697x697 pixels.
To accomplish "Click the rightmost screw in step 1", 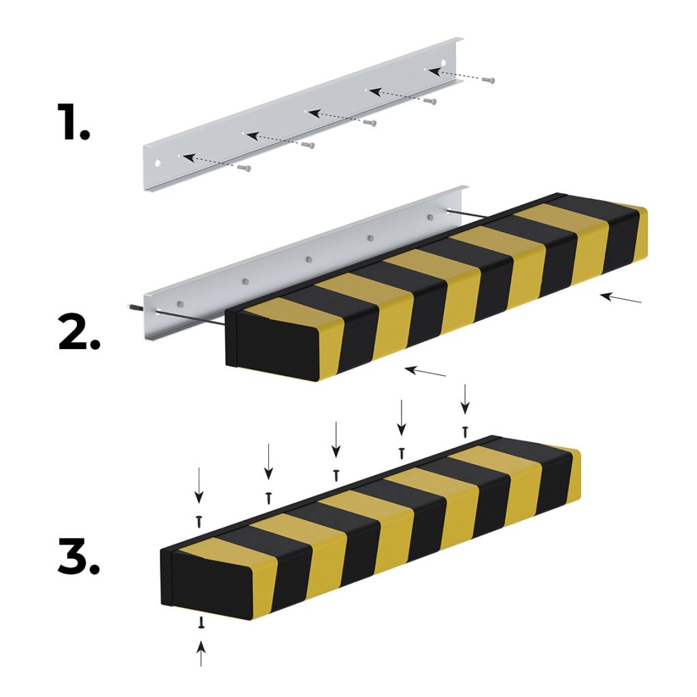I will pyautogui.click(x=487, y=80).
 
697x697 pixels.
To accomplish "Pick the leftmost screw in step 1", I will pyautogui.click(x=244, y=167).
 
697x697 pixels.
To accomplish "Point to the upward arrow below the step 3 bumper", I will pyautogui.click(x=201, y=655).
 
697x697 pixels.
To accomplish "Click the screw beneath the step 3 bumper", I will pyautogui.click(x=201, y=622).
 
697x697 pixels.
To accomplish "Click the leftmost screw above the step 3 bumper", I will pyautogui.click(x=199, y=521).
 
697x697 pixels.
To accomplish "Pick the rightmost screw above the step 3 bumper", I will pyautogui.click(x=465, y=431).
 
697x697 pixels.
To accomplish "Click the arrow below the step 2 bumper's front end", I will pyautogui.click(x=425, y=372).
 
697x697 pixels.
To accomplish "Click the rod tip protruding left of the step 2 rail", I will pyautogui.click(x=130, y=308).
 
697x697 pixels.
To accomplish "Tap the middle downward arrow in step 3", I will pyautogui.click(x=335, y=439).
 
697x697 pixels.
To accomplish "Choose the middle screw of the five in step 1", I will pyautogui.click(x=370, y=123).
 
